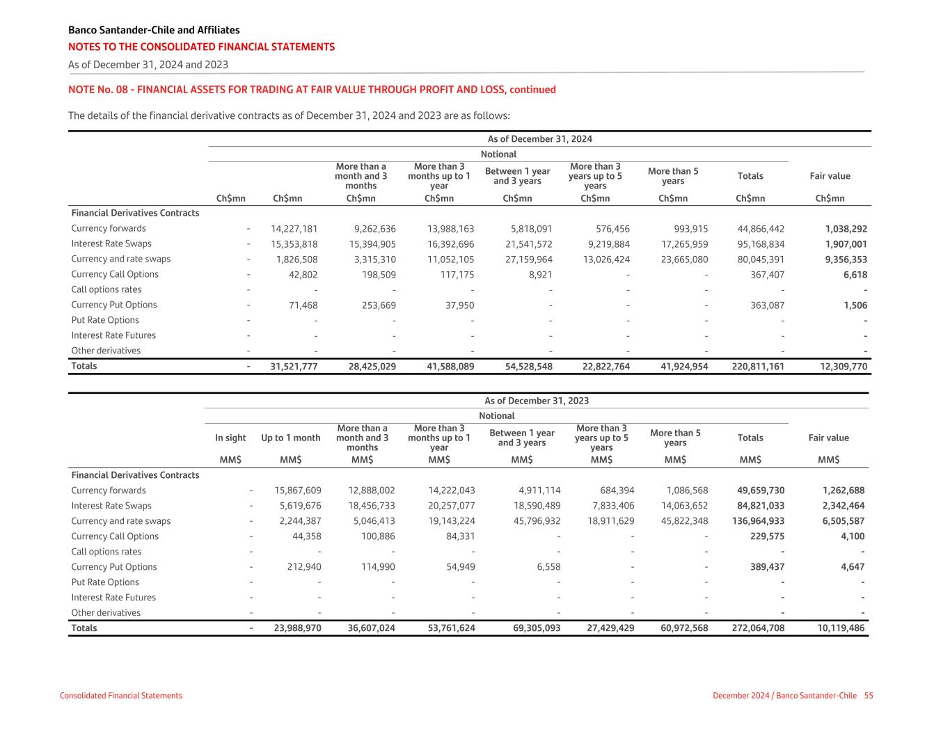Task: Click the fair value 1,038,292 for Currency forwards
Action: tap(846, 228)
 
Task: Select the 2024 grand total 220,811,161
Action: tap(758, 366)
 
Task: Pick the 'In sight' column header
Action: tap(230, 438)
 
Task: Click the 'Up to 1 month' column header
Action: tap(290, 438)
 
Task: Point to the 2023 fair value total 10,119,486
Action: tap(841, 628)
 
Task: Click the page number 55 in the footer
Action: tap(869, 696)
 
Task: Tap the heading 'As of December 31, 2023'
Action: tap(537, 401)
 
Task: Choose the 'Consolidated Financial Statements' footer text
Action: tap(121, 696)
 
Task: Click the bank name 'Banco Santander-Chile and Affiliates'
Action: tap(154, 30)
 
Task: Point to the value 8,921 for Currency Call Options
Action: tap(540, 274)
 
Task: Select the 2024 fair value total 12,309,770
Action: tap(841, 366)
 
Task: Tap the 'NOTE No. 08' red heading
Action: tap(312, 90)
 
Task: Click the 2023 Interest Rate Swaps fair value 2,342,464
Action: tap(844, 506)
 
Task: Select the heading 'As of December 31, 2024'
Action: tap(539, 139)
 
